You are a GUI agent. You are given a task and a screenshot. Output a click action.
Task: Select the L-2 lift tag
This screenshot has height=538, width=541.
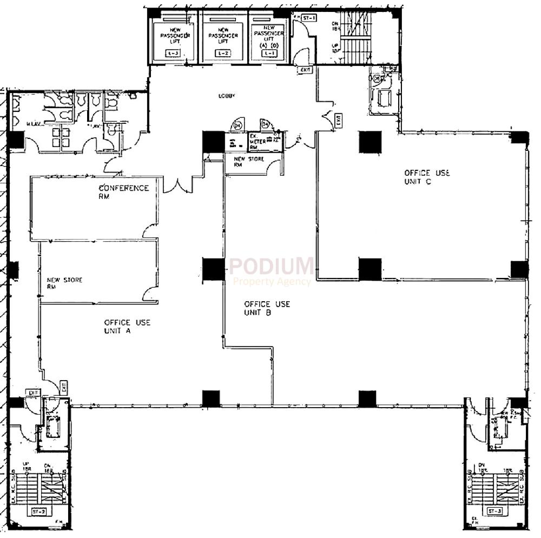(x=222, y=53)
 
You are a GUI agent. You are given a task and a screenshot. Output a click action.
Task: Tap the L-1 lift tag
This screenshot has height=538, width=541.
(x=269, y=53)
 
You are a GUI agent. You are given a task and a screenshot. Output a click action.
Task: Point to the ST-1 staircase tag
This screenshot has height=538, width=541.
(x=309, y=18)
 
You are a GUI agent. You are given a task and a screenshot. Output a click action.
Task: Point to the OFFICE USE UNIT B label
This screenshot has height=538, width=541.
(x=267, y=308)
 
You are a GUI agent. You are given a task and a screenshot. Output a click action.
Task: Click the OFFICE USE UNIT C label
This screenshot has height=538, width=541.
(x=427, y=177)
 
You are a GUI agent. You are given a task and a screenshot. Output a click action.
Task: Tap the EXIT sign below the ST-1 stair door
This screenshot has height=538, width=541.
(x=306, y=70)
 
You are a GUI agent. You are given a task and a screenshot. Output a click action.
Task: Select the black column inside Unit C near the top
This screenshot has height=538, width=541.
(x=371, y=142)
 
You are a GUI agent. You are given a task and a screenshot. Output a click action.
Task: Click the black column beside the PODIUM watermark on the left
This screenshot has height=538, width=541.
(x=213, y=269)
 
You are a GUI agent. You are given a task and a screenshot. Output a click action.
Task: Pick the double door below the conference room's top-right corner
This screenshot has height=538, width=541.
(x=178, y=185)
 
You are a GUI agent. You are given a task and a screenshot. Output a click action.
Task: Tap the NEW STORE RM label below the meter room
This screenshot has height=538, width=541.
(x=249, y=162)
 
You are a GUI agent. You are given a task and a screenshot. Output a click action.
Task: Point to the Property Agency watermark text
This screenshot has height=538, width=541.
(x=272, y=281)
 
